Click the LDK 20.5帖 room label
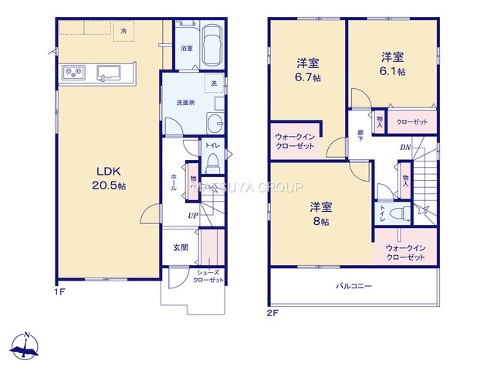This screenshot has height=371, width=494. (x=109, y=179)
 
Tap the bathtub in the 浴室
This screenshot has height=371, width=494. (x=212, y=45)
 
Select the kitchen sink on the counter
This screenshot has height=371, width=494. (x=108, y=73)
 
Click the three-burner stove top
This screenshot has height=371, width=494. (x=74, y=73)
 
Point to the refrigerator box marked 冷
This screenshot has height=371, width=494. (x=123, y=31)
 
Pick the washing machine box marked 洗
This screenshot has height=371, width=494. (x=215, y=83)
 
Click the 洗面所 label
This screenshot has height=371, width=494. (x=185, y=103)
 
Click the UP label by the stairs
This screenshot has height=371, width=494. (x=193, y=216)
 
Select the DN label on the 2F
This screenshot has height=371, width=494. (x=405, y=148)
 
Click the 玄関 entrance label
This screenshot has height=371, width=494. (x=181, y=247)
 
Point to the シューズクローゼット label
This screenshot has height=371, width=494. (x=208, y=277)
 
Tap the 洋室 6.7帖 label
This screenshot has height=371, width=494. (x=308, y=70)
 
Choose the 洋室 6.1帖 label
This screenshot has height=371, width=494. (x=393, y=64)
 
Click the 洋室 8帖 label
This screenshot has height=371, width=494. (x=321, y=214)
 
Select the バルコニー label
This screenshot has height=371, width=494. (x=354, y=287)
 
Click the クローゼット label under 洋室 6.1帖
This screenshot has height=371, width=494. (x=412, y=122)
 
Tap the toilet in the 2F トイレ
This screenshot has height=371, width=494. (x=400, y=213)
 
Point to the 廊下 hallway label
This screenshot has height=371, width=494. (x=360, y=136)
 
